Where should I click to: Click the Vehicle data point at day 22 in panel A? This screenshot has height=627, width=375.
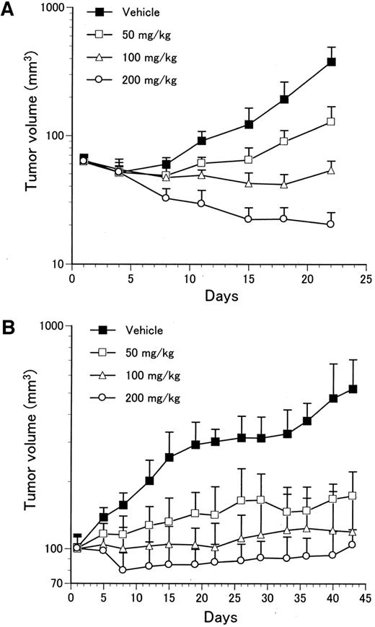pyautogui.click(x=331, y=62)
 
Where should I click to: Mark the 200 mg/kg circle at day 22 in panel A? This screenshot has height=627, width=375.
pyautogui.click(x=331, y=224)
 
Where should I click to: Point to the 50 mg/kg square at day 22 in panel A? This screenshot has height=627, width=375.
pyautogui.click(x=331, y=121)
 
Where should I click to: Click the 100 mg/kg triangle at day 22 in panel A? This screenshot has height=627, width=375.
pyautogui.click(x=331, y=170)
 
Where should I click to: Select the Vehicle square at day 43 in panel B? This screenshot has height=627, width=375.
pyautogui.click(x=353, y=389)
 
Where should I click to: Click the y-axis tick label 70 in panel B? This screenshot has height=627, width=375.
pyautogui.click(x=55, y=583)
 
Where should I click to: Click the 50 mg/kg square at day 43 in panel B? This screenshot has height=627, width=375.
pyautogui.click(x=353, y=496)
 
